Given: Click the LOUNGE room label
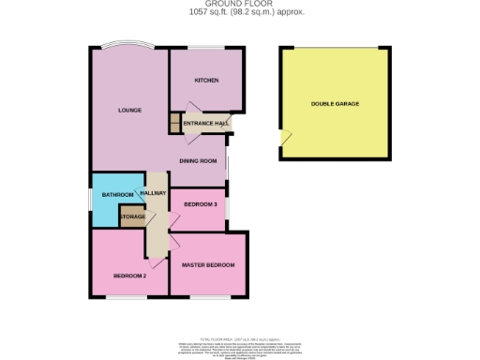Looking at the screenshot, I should [129, 110].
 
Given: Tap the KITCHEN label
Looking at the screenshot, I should [206, 81].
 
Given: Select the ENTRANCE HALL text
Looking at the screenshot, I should [205, 124].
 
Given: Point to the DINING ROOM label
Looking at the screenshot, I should [198, 160].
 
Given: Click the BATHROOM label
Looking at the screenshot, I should [118, 194].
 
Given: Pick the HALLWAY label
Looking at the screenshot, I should [153, 193].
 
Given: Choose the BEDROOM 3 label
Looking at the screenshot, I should [200, 203].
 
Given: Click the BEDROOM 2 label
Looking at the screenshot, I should [131, 276].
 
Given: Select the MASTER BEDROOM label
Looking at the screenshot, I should [208, 265].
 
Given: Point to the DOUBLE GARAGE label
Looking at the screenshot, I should [335, 104].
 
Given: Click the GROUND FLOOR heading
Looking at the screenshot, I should [240, 4].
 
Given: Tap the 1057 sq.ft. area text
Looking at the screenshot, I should [240, 12].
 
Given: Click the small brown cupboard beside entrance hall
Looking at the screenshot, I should [173, 122].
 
